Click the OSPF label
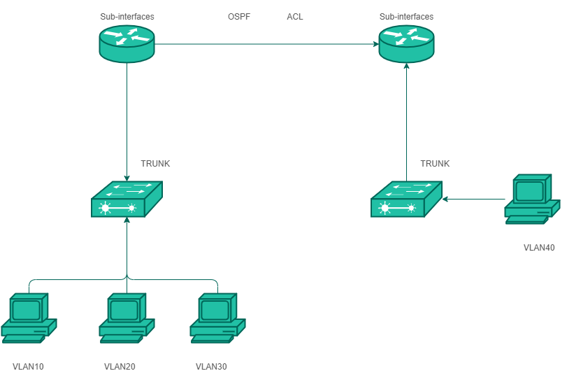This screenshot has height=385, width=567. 239,16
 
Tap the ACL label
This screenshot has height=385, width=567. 295,16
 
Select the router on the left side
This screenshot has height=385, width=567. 127,44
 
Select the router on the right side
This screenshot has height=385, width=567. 406,44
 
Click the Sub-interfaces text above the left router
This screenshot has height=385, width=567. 127,16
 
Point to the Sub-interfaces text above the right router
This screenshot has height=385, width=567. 406,16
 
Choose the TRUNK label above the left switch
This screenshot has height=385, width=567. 155,164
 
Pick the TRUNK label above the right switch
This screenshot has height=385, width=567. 435,164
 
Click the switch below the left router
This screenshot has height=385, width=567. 127,199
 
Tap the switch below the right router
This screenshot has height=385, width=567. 406,199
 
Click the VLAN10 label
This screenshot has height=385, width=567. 28,366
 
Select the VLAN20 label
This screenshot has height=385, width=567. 120,366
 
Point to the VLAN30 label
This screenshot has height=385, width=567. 211,366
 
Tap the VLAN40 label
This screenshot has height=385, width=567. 539,247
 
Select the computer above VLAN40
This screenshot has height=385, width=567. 532,199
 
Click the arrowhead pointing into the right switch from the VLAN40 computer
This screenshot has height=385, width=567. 445,199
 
